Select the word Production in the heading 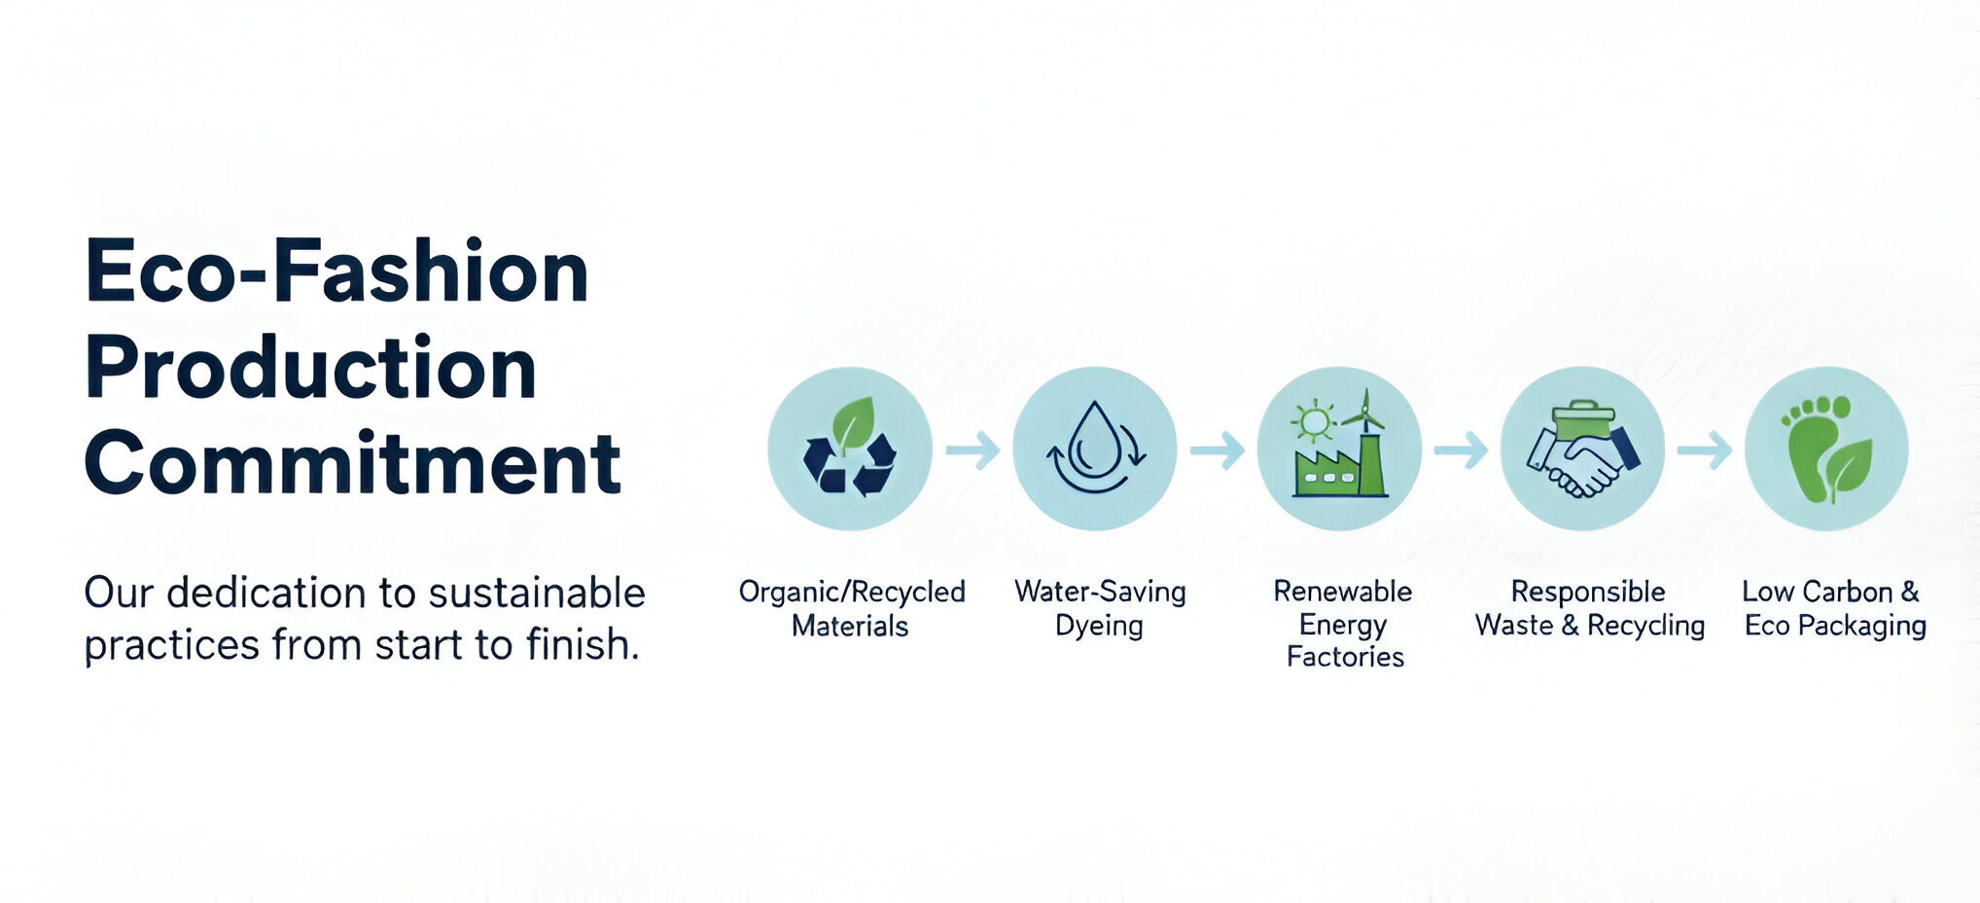[x=311, y=368]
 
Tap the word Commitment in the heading [x=353, y=463]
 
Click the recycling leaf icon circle [x=850, y=449]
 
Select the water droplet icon [x=1095, y=449]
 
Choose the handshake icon [x=1583, y=449]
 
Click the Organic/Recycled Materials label [x=852, y=608]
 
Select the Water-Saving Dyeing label [x=1100, y=608]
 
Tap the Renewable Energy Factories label [x=1343, y=624]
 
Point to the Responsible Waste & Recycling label [x=1590, y=608]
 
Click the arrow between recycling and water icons [x=973, y=450]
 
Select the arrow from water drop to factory [x=1218, y=450]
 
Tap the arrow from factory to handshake [x=1462, y=450]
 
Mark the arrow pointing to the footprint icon [x=1705, y=450]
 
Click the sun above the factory [x=1314, y=421]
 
